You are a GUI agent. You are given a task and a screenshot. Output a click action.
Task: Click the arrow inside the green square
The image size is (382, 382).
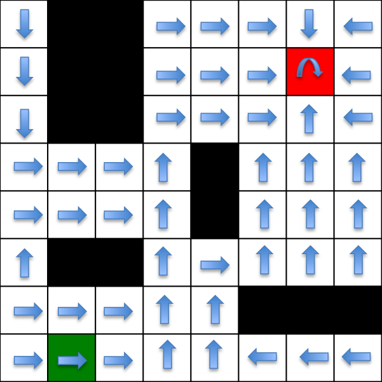point(72,360)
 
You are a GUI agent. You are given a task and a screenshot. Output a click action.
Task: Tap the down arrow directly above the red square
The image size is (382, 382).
point(309,24)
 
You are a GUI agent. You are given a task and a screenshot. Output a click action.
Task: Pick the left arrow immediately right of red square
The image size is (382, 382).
point(356,75)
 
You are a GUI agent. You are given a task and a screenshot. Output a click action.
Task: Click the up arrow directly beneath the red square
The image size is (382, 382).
point(309,118)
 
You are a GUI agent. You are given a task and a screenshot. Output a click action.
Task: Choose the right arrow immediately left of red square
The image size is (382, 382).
point(262,75)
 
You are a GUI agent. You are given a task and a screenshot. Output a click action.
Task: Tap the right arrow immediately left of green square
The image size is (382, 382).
point(28,360)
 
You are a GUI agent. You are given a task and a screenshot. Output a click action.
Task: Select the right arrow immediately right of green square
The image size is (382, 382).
point(118,360)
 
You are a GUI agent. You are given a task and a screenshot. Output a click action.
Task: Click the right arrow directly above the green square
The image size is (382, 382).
point(72,311)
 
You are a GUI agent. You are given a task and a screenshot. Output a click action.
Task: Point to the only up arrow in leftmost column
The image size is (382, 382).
point(24,263)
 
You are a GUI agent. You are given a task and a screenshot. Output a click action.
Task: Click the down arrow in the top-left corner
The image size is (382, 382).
point(24,24)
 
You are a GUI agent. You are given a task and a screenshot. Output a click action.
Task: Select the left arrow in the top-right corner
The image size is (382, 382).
point(358,26)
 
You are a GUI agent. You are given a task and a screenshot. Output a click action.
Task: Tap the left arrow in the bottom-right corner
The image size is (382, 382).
point(356,357)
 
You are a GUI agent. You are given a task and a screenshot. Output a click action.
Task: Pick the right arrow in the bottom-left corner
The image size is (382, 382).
point(28,360)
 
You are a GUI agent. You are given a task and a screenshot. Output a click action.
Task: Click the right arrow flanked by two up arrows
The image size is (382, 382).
point(215,264)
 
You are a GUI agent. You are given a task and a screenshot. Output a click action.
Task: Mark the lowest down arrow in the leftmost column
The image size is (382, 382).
point(24,123)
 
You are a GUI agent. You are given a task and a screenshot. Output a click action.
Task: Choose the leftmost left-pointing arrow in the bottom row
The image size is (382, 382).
point(262,357)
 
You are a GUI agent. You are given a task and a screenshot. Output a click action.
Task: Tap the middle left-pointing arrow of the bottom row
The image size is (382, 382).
point(313,357)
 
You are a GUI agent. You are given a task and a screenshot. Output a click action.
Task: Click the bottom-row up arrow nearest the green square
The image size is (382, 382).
point(167,354)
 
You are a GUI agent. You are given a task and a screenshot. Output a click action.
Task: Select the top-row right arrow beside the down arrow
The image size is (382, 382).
point(262,26)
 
